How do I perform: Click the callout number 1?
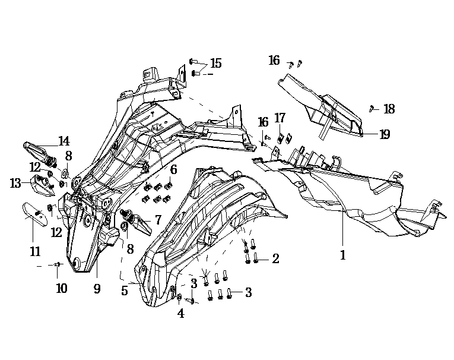pyautogui.click(x=342, y=255)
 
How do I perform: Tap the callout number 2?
pyautogui.click(x=275, y=258)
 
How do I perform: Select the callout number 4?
pyautogui.click(x=180, y=314)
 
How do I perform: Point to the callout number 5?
pyautogui.click(x=125, y=291)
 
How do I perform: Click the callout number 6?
pyautogui.click(x=173, y=170)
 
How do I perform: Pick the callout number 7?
pyautogui.click(x=158, y=220)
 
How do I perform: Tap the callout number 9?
pyautogui.click(x=97, y=289)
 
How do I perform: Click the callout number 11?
pyautogui.click(x=35, y=252)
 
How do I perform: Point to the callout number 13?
pyautogui.click(x=15, y=184)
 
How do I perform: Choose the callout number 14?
pyautogui.click(x=64, y=141)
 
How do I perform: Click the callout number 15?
pyautogui.click(x=215, y=63)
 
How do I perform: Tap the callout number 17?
pyautogui.click(x=280, y=118)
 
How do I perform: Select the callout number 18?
pyautogui.click(x=389, y=109)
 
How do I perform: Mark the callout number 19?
pyautogui.click(x=385, y=134)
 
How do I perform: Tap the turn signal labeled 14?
pyautogui.click(x=39, y=147)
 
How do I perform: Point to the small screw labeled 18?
pyautogui.click(x=372, y=108)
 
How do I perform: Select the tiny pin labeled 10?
pyautogui.click(x=57, y=264)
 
